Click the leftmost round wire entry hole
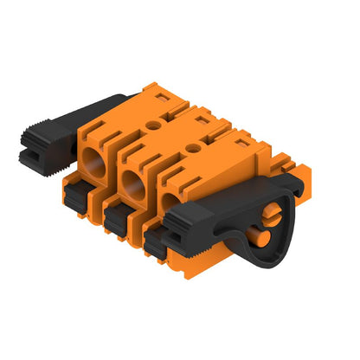pyautogui.click(x=93, y=160)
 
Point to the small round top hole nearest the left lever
pyautogui.click(x=154, y=125)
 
